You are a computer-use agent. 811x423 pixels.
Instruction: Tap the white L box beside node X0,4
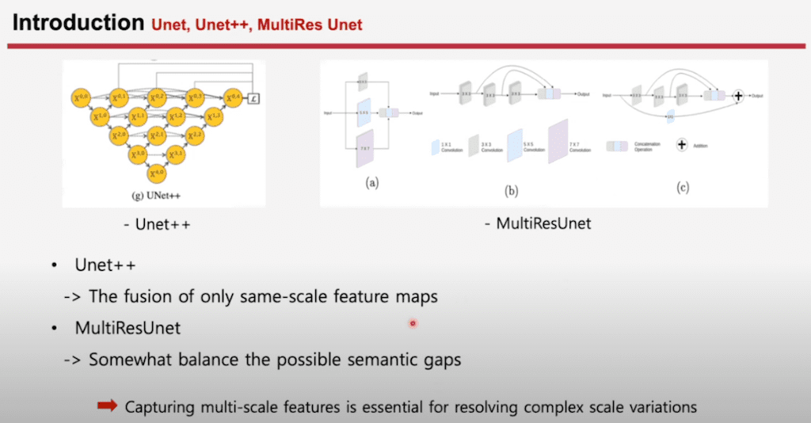tap(253, 98)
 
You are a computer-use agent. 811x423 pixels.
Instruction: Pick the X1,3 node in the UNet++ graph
tap(214, 116)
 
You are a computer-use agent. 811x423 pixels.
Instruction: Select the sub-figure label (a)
tap(371, 182)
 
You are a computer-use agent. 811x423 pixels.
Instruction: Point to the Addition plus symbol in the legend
tap(682, 146)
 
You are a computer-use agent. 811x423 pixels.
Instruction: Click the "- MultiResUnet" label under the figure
tap(538, 224)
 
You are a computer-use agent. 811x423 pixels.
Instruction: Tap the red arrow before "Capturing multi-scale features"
tap(107, 406)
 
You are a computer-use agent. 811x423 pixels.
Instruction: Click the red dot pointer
tap(413, 323)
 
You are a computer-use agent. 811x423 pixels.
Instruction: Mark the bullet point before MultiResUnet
tap(54, 326)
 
